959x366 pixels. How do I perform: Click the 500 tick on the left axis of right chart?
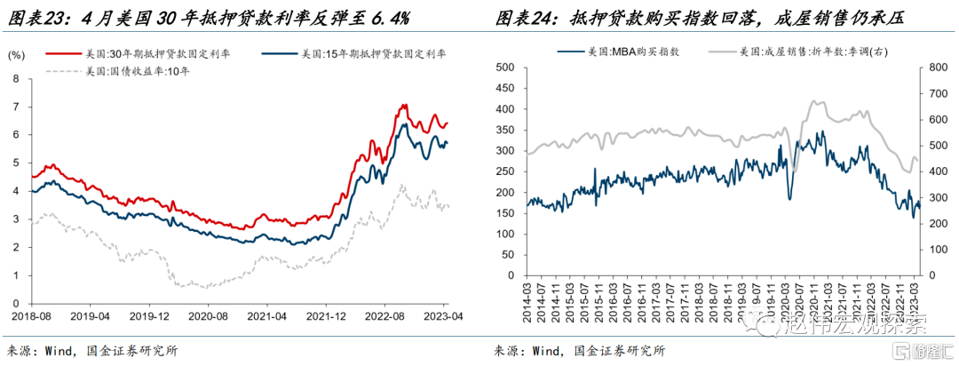505,68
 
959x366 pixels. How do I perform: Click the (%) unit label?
15,54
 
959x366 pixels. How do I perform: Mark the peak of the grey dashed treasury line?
401,185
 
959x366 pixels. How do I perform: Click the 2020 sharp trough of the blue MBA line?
789,199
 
